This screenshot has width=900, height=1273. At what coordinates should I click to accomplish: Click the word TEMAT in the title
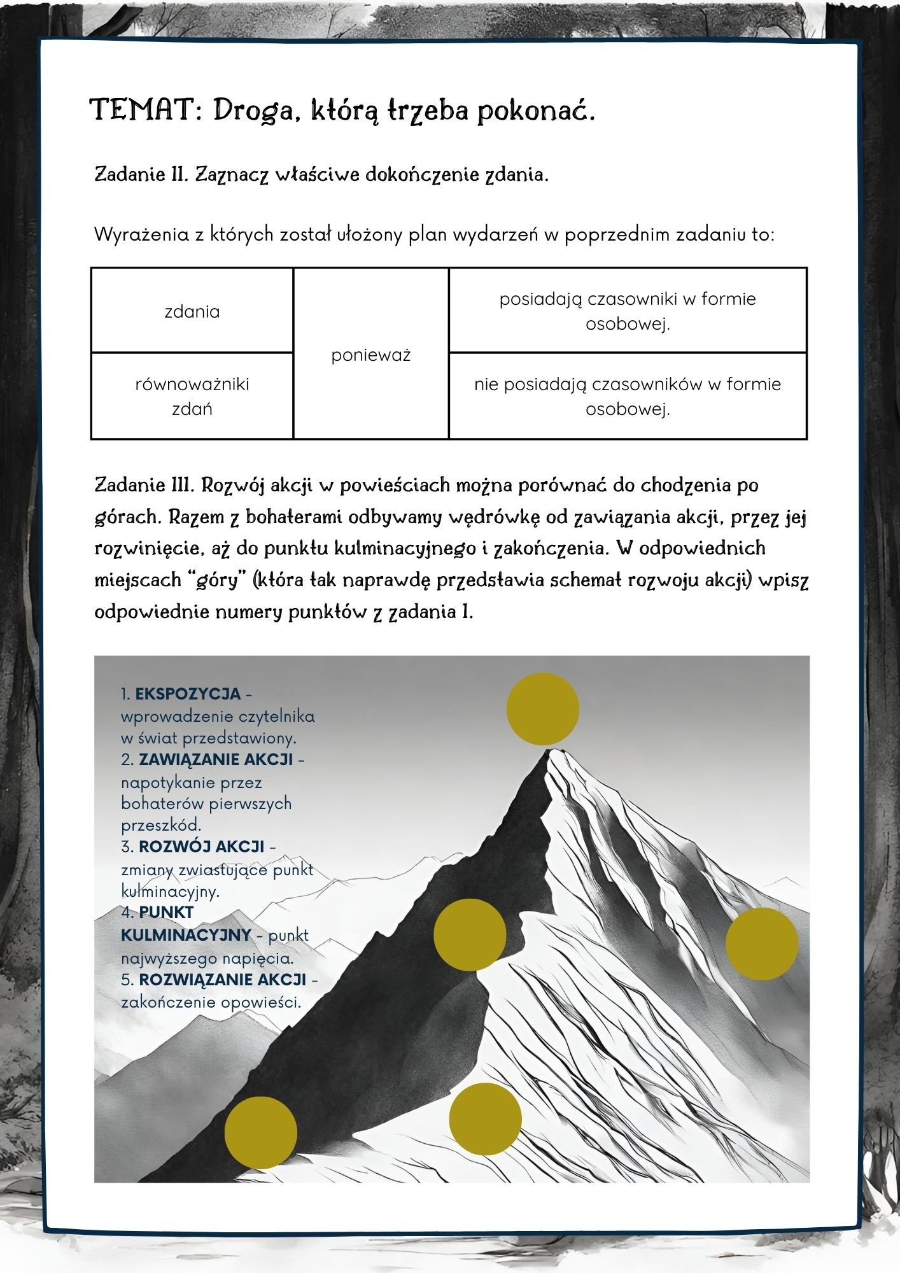coord(146,109)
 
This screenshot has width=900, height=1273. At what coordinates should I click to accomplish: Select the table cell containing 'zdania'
coord(192,311)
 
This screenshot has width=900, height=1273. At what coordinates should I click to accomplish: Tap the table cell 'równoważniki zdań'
coord(192,396)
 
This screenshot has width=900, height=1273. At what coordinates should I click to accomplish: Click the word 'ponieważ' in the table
coord(370,355)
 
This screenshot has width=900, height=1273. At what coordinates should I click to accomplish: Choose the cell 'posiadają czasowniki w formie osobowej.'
coord(628,311)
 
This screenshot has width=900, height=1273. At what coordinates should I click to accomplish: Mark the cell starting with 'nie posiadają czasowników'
coord(628,396)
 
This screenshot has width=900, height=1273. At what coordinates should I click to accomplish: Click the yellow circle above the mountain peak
coord(543,709)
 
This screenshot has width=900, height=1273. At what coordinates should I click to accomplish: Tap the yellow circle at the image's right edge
coord(762,944)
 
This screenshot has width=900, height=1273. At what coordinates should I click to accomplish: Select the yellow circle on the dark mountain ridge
coord(470,934)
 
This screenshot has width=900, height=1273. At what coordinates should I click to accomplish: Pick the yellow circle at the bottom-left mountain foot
coord(261,1132)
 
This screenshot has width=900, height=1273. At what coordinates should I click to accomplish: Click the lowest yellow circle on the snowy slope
coord(486,1119)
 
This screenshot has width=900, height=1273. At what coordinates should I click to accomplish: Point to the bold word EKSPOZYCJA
coord(188,693)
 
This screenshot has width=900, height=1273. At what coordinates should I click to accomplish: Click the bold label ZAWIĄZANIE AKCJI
coord(216,759)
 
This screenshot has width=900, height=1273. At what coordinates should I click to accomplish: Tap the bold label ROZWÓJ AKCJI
coord(201,847)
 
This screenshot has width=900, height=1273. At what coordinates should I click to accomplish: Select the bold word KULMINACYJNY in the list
coord(186,934)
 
